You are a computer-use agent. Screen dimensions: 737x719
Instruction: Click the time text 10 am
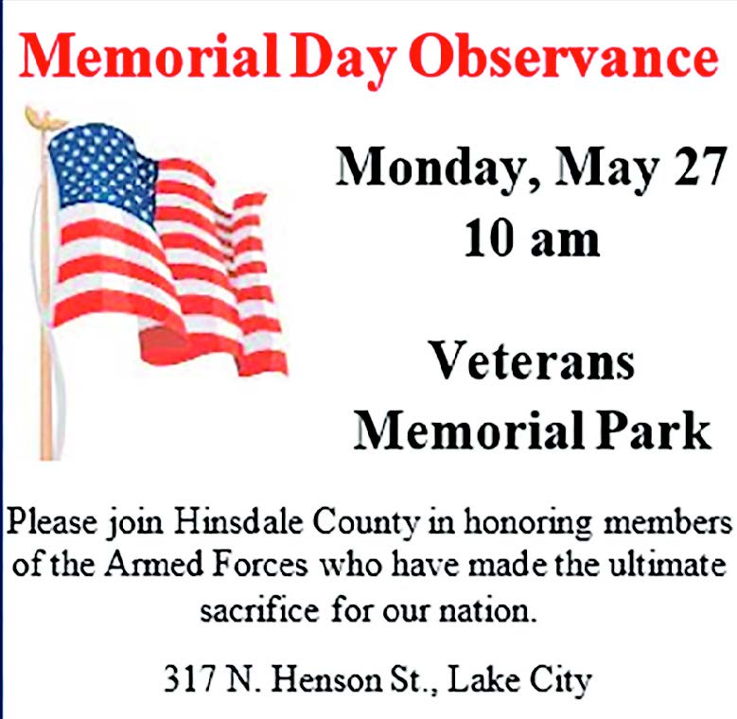(532, 238)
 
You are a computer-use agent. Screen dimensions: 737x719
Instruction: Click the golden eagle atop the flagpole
(45, 118)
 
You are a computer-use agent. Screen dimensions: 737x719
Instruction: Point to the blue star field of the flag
(102, 169)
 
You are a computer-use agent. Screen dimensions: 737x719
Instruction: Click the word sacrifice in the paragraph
(259, 610)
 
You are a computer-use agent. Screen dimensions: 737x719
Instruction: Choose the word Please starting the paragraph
(52, 521)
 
